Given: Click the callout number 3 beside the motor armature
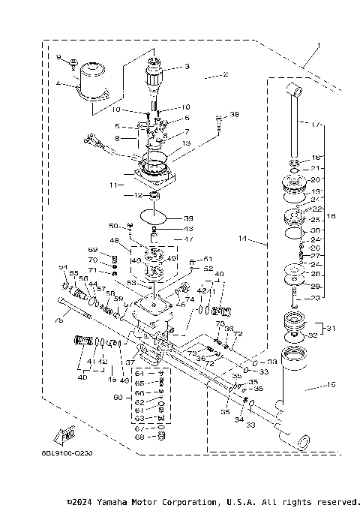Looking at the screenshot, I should point(187,67).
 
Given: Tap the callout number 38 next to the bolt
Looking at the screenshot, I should point(235,115).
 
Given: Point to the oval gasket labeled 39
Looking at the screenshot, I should point(156,218).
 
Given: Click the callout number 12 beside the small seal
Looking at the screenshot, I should point(138,196).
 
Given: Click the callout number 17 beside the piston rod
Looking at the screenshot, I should point(316,124).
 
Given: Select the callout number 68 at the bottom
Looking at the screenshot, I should point(139,437).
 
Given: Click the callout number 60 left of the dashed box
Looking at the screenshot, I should point(116,398).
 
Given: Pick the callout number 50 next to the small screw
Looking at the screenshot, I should point(112,226).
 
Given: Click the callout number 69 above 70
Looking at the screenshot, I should point(93,250).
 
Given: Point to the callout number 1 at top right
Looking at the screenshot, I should point(318,45).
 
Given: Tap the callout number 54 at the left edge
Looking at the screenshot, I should point(63,268).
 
